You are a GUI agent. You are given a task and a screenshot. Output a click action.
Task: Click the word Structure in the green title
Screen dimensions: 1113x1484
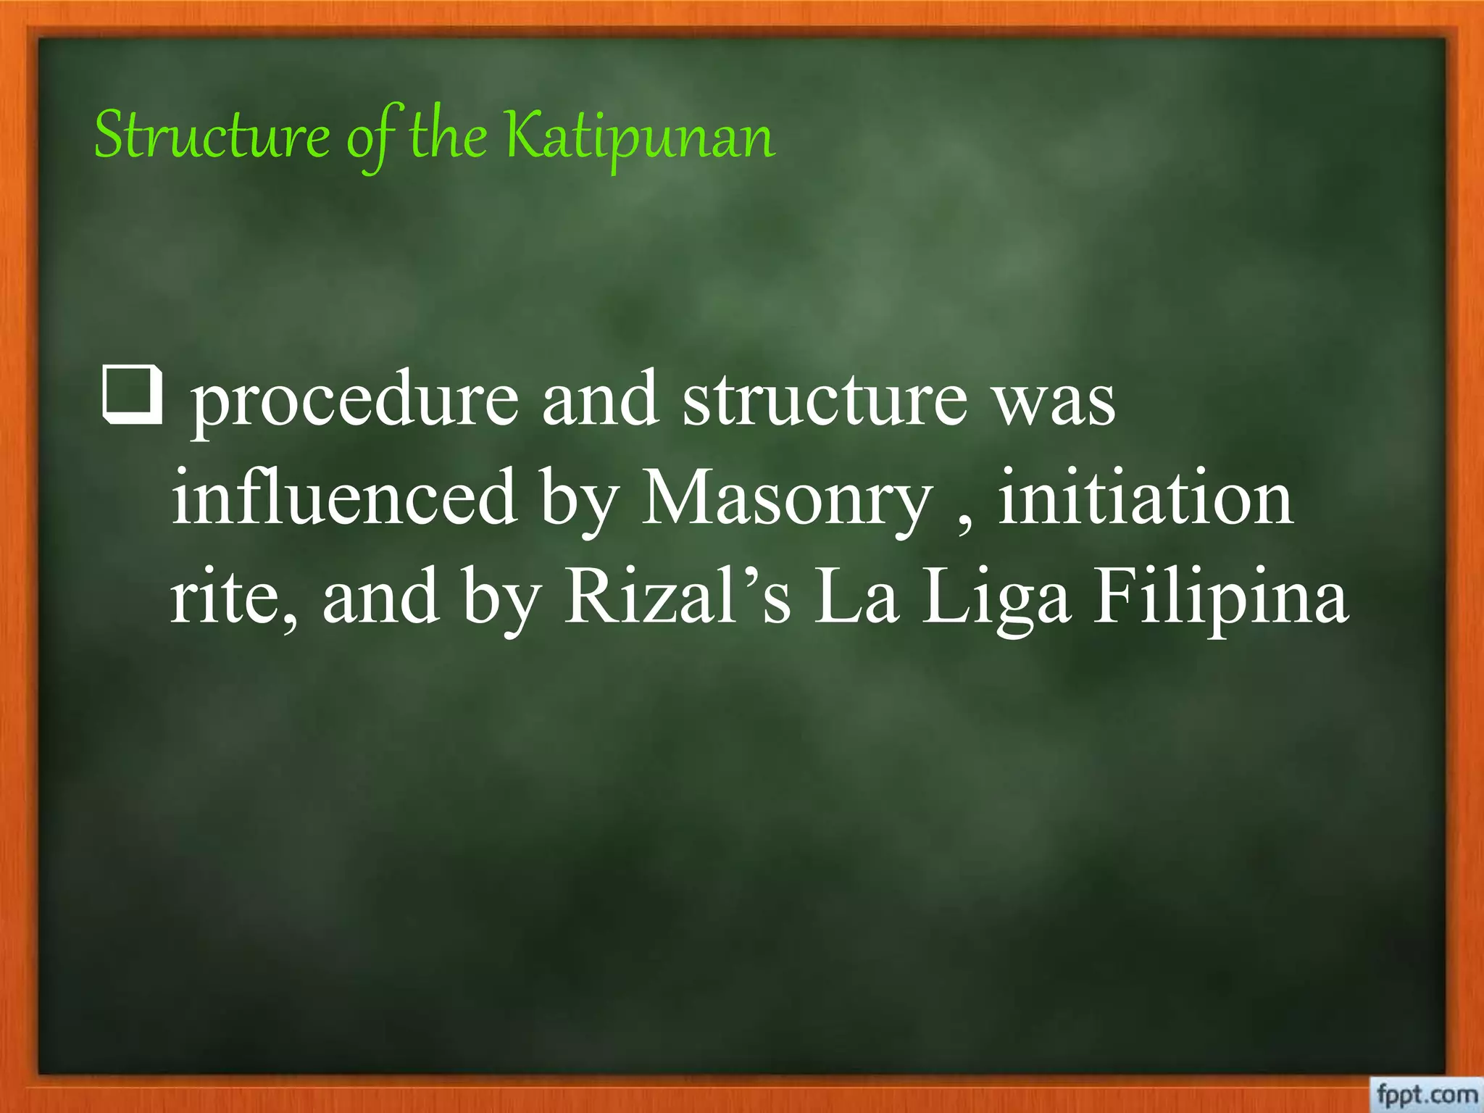pos(212,136)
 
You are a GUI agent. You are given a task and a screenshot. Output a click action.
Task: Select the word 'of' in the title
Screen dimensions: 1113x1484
pos(371,138)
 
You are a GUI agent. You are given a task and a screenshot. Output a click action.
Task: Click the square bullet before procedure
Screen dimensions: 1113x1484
pos(133,396)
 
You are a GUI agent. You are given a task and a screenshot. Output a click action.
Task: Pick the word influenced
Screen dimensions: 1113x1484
pos(344,498)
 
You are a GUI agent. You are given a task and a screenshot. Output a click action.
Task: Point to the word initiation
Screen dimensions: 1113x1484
pos(1146,498)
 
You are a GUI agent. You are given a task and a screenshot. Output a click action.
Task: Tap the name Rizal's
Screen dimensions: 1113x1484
pos(678,597)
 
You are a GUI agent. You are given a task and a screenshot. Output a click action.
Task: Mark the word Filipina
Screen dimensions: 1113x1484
pos(1221,599)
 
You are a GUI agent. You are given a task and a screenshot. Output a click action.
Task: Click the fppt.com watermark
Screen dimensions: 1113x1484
pos(1426,1093)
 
